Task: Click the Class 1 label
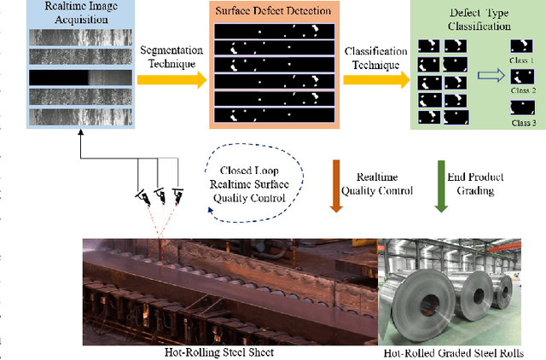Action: tap(523, 62)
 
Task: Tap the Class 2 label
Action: tap(523, 90)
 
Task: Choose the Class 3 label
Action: tap(523, 123)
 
